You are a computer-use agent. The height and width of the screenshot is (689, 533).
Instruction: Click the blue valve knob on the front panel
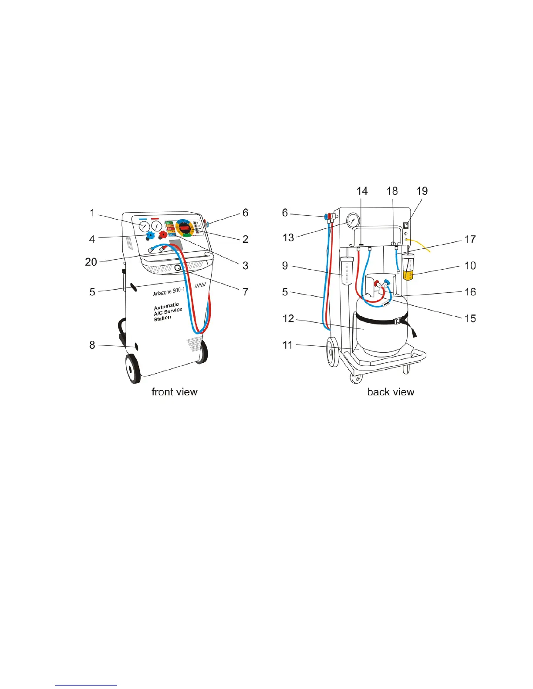click(151, 235)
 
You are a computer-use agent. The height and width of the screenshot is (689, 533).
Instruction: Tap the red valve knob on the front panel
click(163, 235)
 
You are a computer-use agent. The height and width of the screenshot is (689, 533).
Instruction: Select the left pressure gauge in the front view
click(144, 226)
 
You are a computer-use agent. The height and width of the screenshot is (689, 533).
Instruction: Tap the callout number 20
click(91, 262)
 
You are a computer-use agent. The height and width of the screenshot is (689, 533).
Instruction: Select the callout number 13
click(288, 237)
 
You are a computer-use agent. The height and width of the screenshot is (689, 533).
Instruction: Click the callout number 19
click(422, 191)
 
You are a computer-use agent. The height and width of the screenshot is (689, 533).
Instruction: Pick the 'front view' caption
click(174, 392)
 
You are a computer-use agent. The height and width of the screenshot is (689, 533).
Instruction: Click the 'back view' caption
click(391, 392)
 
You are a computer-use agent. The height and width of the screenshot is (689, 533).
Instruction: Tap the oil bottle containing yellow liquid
click(408, 269)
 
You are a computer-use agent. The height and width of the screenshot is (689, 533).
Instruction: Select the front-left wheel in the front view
click(132, 368)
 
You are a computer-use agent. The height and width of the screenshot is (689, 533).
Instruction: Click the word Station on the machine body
click(162, 318)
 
